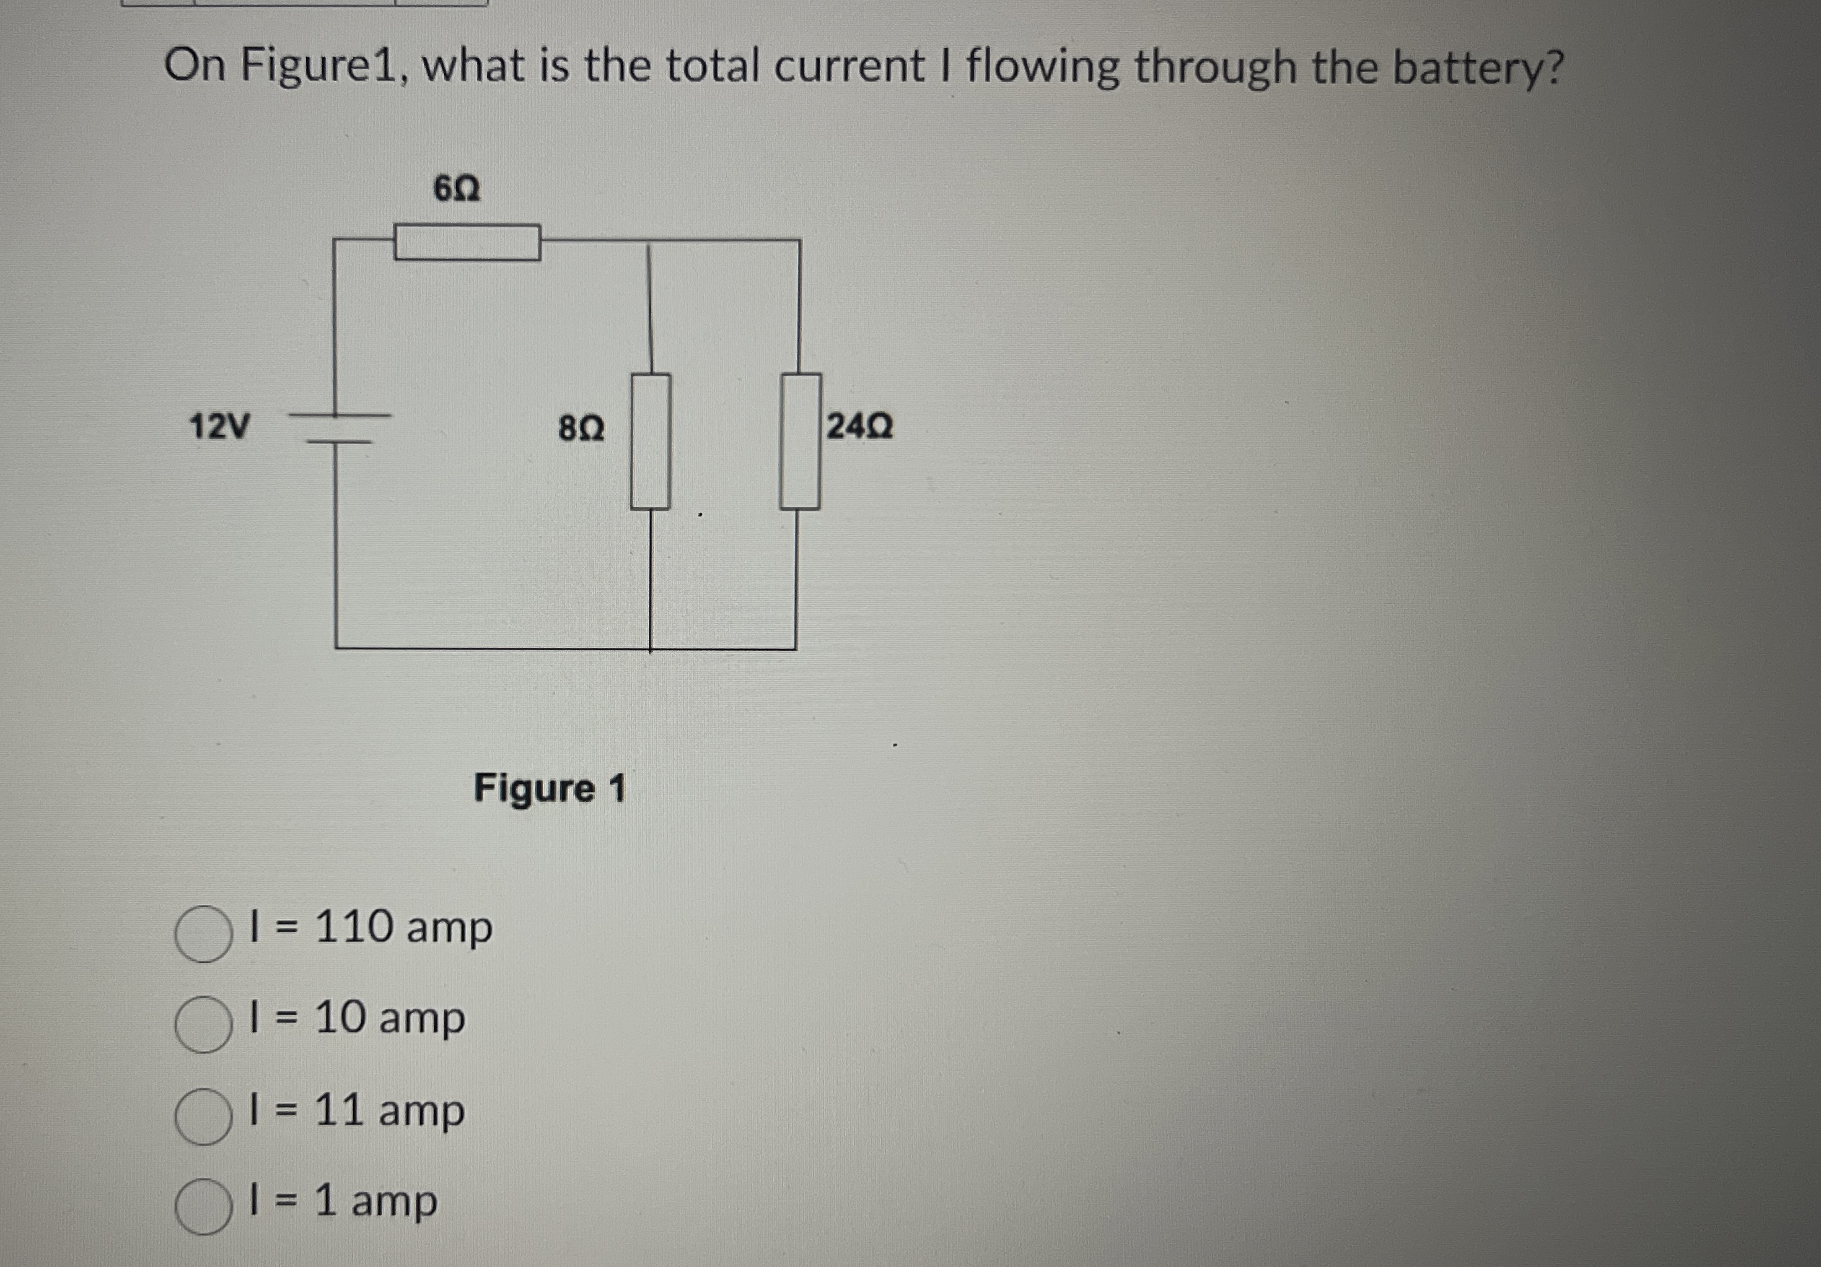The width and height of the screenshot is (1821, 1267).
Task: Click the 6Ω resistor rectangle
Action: pyautogui.click(x=467, y=242)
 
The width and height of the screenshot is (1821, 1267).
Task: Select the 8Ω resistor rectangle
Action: pyautogui.click(x=651, y=441)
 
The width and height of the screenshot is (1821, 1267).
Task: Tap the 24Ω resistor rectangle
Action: pyautogui.click(x=799, y=441)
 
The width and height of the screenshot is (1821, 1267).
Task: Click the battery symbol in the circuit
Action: pyautogui.click(x=339, y=428)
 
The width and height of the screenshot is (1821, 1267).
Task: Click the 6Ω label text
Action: pyautogui.click(x=457, y=189)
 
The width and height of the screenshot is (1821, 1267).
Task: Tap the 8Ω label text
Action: pyautogui.click(x=581, y=429)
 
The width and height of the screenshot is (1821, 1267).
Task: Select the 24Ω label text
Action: pyautogui.click(x=860, y=427)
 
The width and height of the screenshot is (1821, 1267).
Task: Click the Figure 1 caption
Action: pyautogui.click(x=550, y=788)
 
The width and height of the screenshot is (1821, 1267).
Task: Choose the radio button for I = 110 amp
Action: pyautogui.click(x=203, y=934)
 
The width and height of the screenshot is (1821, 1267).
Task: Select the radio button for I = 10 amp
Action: pyautogui.click(x=203, y=1024)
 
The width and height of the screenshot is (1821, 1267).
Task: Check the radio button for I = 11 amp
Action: pyautogui.click(x=203, y=1117)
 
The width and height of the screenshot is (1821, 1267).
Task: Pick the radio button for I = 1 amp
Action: pyautogui.click(x=203, y=1207)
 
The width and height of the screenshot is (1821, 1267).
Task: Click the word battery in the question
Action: pyautogui.click(x=1478, y=67)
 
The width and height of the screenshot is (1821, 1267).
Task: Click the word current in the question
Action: pyautogui.click(x=849, y=67)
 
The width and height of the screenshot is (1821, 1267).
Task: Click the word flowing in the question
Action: pyautogui.click(x=1042, y=67)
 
